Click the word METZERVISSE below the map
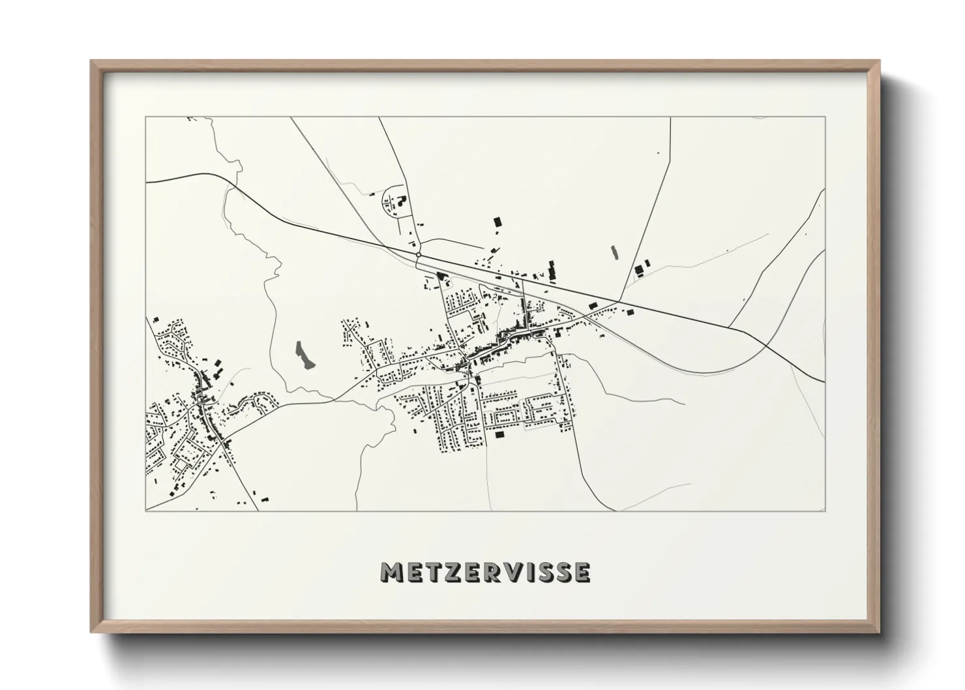click(x=486, y=572)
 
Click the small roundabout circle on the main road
click(x=417, y=254)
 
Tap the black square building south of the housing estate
click(x=500, y=434)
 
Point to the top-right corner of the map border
click(x=825, y=117)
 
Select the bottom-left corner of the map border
click(x=146, y=511)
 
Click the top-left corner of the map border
click(x=146, y=117)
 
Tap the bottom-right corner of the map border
click(x=825, y=511)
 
